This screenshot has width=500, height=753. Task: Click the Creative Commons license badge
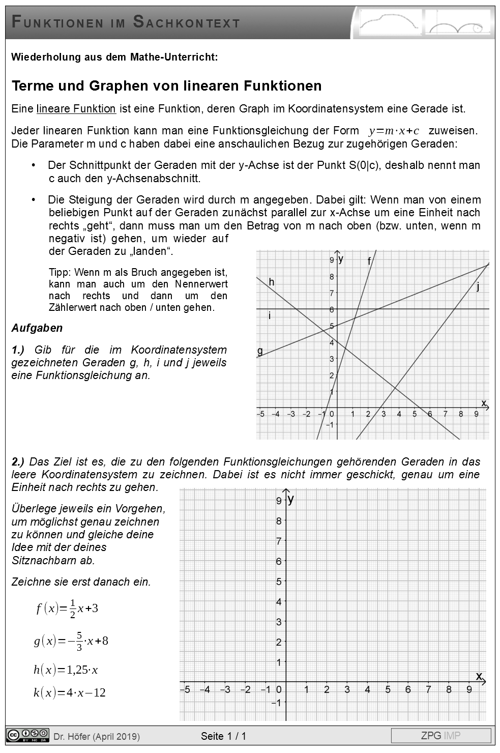(x=28, y=735)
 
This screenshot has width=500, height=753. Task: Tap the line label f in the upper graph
(x=369, y=262)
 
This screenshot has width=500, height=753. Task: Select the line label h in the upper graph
(x=272, y=282)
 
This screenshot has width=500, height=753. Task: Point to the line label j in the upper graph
(x=478, y=287)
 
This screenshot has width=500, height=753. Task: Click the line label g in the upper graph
(x=260, y=351)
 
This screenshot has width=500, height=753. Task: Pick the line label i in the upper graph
(x=270, y=316)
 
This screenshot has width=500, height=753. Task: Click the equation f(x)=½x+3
(x=67, y=608)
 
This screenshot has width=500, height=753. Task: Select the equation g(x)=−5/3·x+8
(x=71, y=641)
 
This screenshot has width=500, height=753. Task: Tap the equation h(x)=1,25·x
(x=66, y=670)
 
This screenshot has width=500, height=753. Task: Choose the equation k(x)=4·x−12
(x=70, y=692)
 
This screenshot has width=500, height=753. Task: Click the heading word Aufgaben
(x=37, y=328)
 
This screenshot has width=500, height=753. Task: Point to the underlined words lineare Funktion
(x=76, y=109)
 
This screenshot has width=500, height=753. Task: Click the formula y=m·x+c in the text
(x=394, y=131)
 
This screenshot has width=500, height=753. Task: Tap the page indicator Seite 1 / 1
(x=223, y=736)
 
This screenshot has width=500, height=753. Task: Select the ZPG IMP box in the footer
(x=440, y=736)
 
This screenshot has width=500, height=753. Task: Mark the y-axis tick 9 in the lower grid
(x=279, y=501)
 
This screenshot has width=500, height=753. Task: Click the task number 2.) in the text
(x=18, y=462)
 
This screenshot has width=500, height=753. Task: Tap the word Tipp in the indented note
(x=59, y=272)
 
